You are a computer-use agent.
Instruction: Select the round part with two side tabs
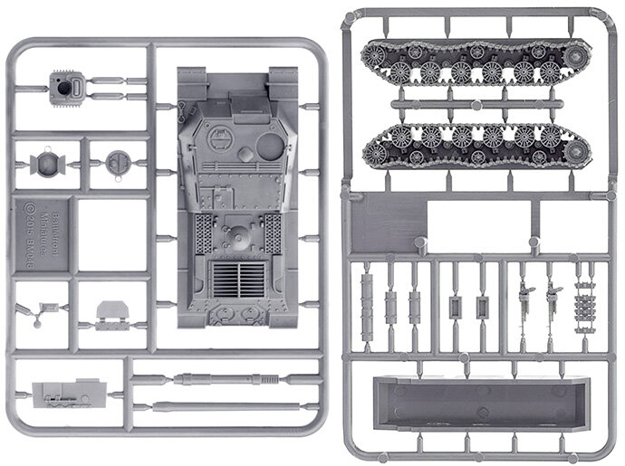[x=44, y=165]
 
